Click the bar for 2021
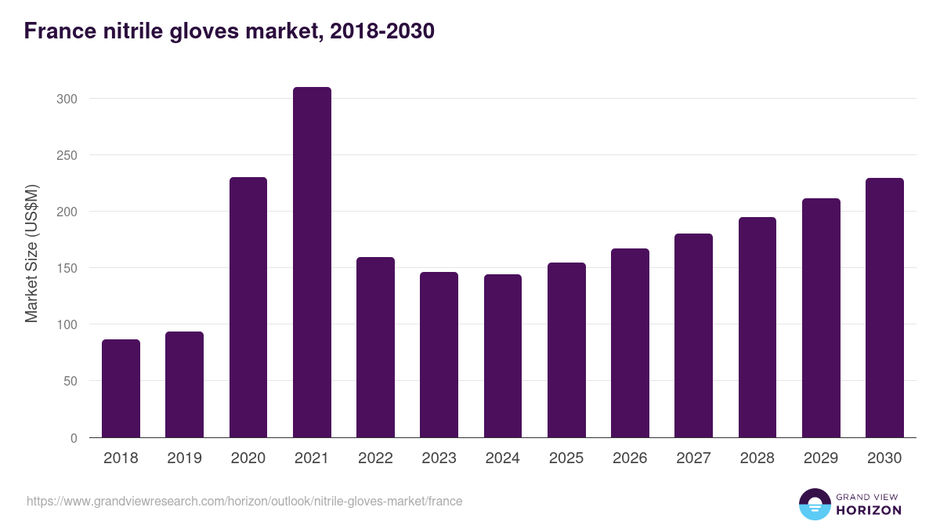point(312,263)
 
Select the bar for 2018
point(121,389)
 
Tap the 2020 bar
point(248,307)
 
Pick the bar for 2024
point(503,356)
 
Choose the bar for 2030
point(884,308)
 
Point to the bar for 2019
point(185,385)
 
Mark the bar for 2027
point(693,335)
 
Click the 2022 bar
point(375,347)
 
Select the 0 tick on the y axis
point(74,438)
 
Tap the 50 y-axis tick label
point(70,381)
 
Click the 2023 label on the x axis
point(439,458)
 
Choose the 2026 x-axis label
point(630,458)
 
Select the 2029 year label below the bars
point(821,458)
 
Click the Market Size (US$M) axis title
point(31,252)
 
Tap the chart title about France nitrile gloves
point(229,31)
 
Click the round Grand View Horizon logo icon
point(815,504)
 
